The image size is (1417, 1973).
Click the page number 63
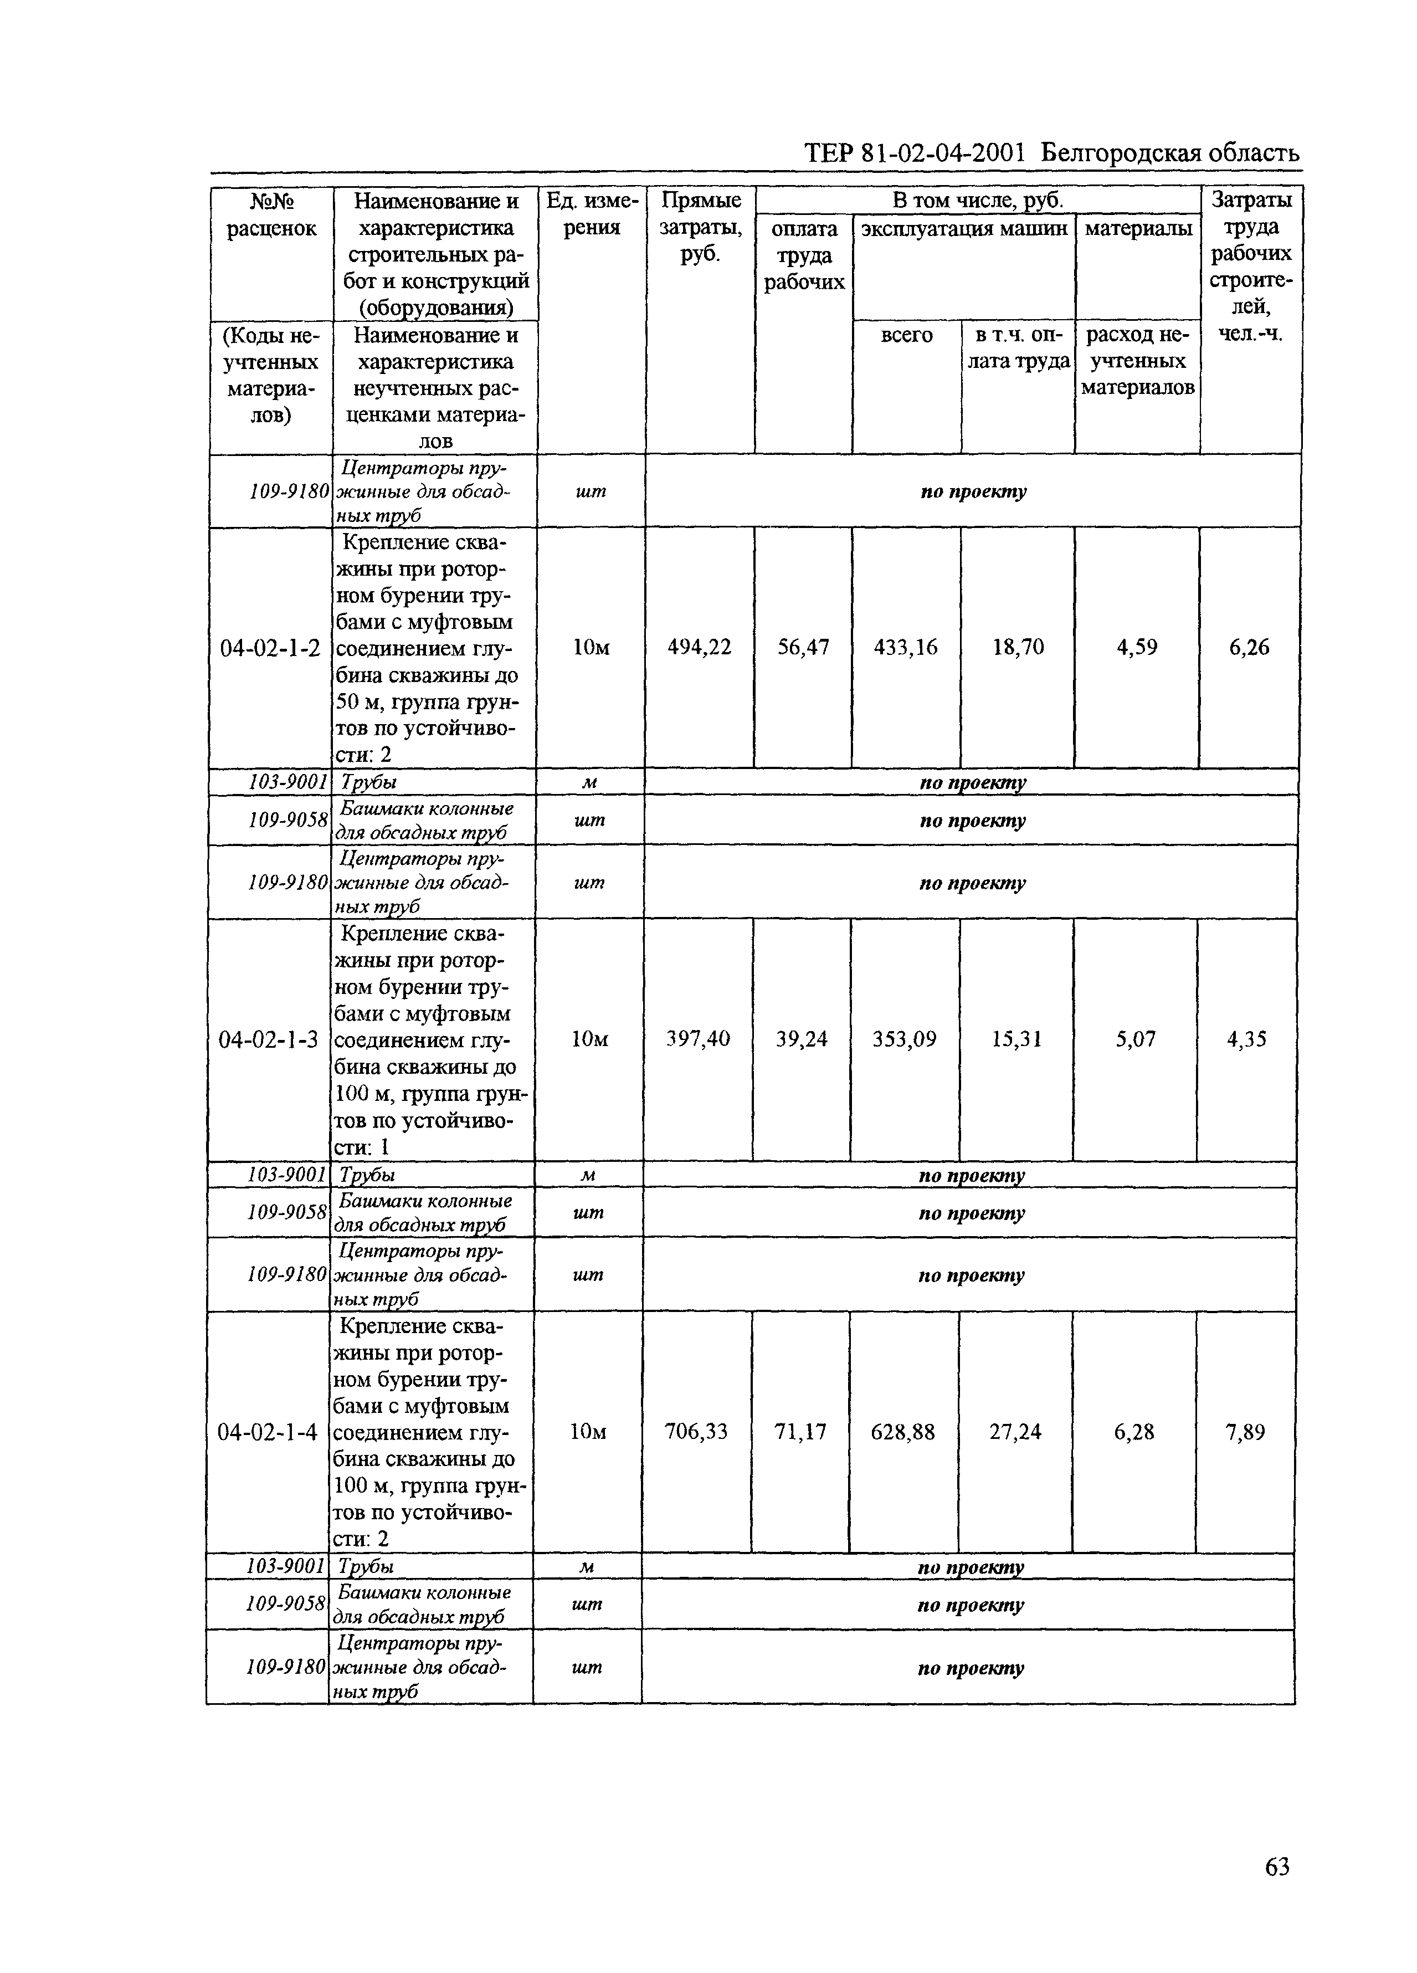point(1276,1866)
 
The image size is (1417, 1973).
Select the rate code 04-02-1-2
point(270,647)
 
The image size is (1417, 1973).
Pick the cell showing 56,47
point(803,647)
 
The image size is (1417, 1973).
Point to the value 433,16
point(906,647)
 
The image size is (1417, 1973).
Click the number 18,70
point(1018,647)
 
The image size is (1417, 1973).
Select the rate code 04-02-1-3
point(268,1039)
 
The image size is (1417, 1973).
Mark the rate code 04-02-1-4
point(267,1432)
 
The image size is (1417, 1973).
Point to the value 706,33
point(696,1431)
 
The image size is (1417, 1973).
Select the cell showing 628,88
point(903,1432)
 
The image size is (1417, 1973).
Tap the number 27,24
point(1015,1432)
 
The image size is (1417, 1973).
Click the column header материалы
point(1138,229)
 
